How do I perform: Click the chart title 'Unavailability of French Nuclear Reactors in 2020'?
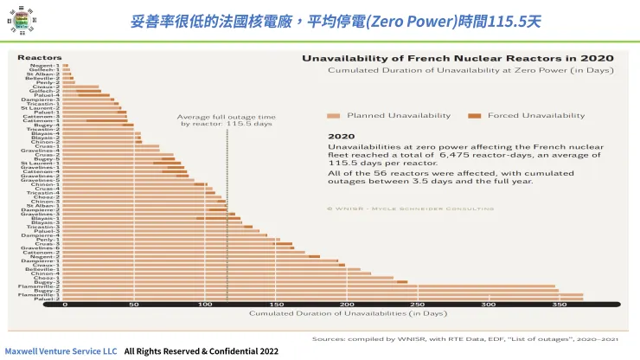click(x=458, y=58)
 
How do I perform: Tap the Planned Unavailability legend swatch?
click(x=333, y=115)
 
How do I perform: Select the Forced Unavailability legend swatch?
click(x=474, y=115)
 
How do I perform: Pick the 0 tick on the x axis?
click(x=65, y=305)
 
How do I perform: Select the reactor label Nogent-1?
click(x=45, y=65)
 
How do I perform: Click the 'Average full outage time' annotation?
click(x=227, y=119)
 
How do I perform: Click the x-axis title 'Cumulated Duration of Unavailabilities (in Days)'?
click(x=323, y=313)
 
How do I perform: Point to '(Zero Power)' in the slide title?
click(x=402, y=20)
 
